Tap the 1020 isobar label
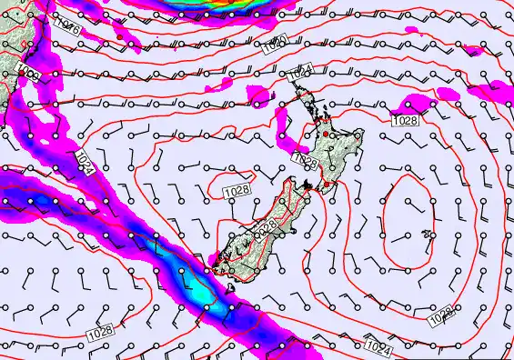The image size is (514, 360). pos(277,42)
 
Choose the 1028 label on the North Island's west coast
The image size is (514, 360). pos(306,160)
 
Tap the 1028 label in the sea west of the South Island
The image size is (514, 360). pos(236,190)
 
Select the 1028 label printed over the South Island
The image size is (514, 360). pos(265,230)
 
